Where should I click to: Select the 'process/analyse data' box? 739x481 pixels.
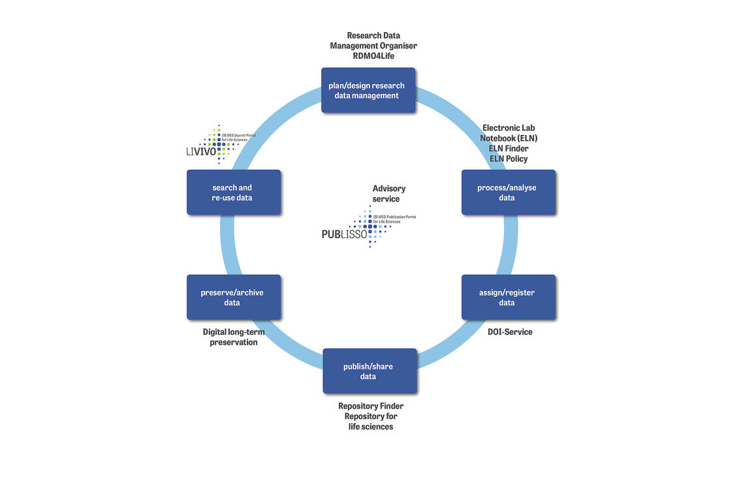[x=507, y=193]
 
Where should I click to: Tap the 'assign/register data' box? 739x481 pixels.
[x=507, y=298]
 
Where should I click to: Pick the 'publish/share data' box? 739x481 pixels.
[x=369, y=371]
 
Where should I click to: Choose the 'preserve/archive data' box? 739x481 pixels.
[x=232, y=298]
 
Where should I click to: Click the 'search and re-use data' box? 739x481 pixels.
[x=232, y=193]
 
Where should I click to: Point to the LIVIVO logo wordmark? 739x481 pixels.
[x=200, y=151]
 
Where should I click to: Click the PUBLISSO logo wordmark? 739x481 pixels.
[x=345, y=234]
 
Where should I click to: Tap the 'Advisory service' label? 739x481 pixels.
[x=388, y=194]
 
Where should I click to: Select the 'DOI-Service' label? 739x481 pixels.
[x=510, y=332]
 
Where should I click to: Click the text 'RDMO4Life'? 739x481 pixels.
[x=373, y=56]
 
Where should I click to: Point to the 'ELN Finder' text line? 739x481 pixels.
[x=509, y=149]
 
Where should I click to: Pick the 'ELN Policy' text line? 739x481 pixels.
[x=509, y=159]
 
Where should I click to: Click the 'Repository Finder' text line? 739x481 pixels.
[x=370, y=407]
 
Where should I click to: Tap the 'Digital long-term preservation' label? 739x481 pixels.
[x=233, y=337]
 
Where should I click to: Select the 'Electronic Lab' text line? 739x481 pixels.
[x=509, y=128]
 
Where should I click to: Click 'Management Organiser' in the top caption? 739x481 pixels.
[x=373, y=46]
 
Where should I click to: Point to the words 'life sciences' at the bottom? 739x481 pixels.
[x=370, y=427]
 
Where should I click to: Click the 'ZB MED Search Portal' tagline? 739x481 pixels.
[x=239, y=135]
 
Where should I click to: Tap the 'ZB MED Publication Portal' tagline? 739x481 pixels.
[x=394, y=216]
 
